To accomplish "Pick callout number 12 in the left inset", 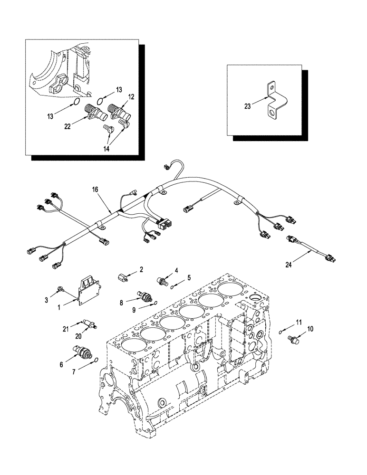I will [131, 96].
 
